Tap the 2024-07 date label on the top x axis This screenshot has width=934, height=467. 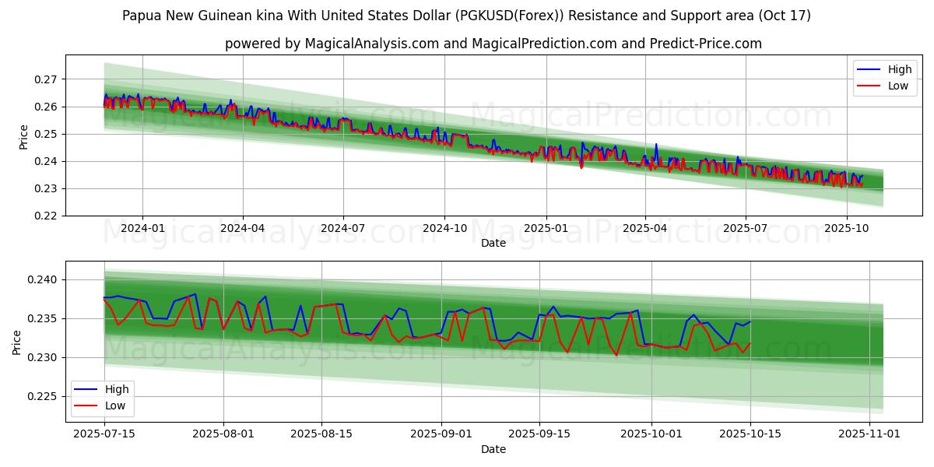[x=343, y=229]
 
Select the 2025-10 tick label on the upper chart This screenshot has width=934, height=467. [x=846, y=229]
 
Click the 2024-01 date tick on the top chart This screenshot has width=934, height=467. [x=142, y=229]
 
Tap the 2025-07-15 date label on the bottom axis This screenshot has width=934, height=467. [x=104, y=434]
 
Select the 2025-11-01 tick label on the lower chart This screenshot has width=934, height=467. [x=868, y=434]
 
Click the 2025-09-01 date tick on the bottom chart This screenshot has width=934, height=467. [x=441, y=434]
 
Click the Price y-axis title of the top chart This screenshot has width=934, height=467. [x=23, y=137]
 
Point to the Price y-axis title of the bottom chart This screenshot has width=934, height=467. [x=17, y=342]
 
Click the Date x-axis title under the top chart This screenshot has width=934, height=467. [x=493, y=243]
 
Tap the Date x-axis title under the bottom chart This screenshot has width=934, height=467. [x=493, y=449]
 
